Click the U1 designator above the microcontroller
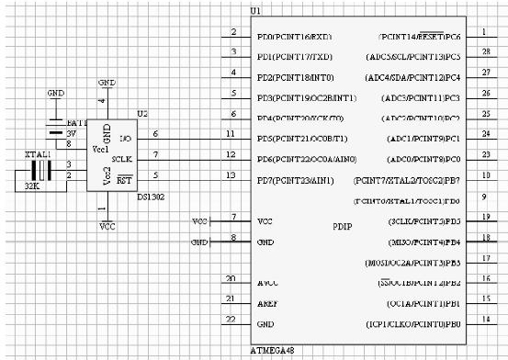pyautogui.click(x=255, y=11)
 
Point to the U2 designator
pyautogui.click(x=141, y=113)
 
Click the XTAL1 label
pyautogui.click(x=34, y=154)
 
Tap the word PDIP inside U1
pyautogui.click(x=341, y=225)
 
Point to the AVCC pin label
pyautogui.click(x=269, y=283)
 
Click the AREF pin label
pyautogui.click(x=269, y=303)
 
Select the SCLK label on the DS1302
pyautogui.click(x=123, y=158)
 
